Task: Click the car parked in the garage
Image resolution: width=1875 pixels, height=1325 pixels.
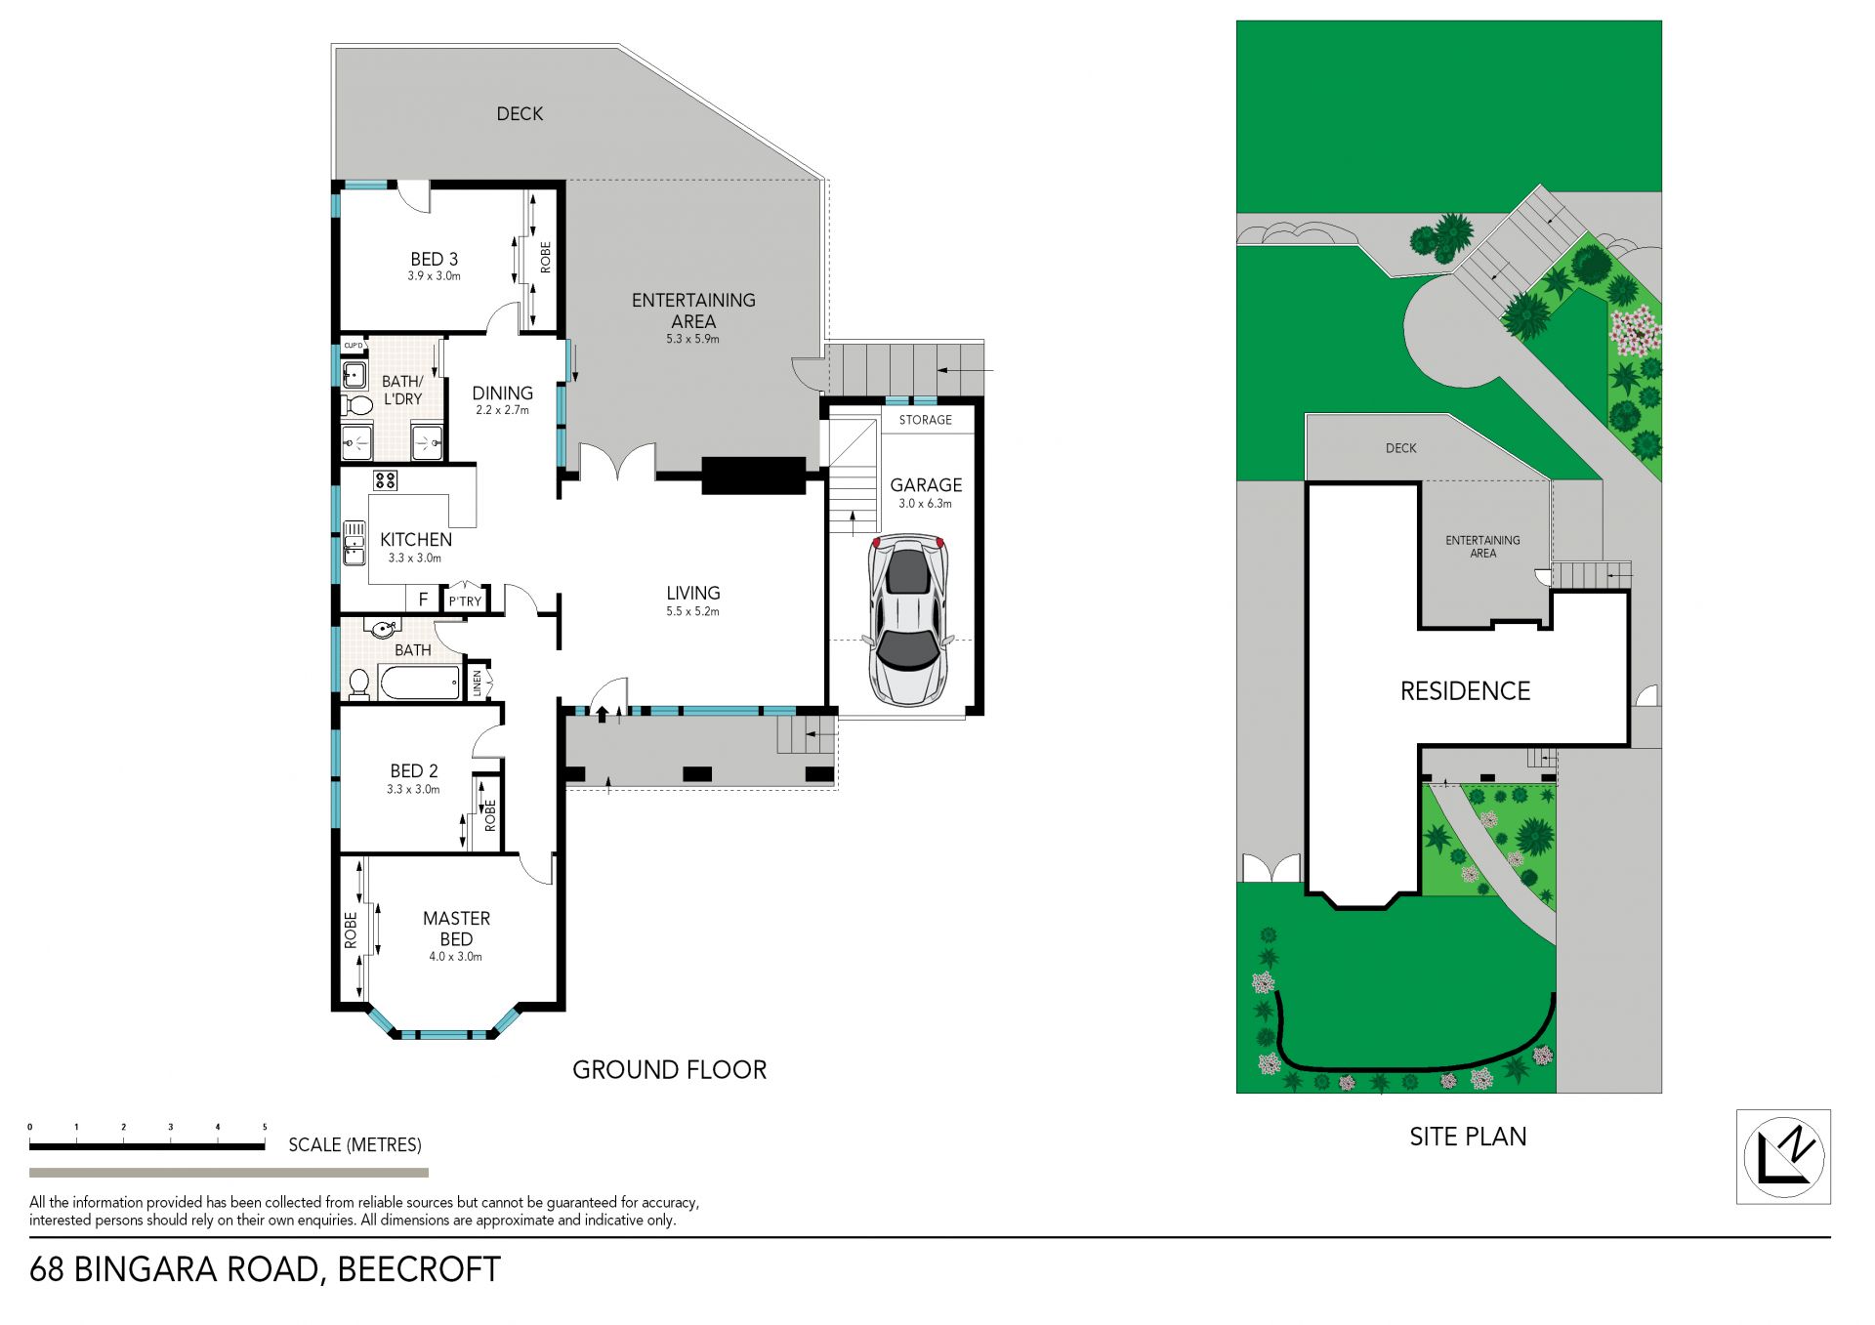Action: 908,620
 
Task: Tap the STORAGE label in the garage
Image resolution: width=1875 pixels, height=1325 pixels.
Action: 925,420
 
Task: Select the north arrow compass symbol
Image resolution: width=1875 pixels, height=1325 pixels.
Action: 1784,1157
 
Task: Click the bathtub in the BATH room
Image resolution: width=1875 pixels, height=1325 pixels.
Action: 420,683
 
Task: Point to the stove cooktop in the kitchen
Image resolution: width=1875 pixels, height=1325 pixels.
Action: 385,479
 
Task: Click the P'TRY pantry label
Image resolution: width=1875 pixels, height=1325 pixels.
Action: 465,601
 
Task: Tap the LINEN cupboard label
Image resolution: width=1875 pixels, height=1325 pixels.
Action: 478,683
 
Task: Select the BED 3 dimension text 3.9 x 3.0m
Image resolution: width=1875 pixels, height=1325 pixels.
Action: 434,276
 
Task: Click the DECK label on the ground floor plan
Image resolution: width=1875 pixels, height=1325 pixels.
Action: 520,114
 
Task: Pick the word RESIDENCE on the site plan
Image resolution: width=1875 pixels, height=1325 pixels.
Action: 1465,691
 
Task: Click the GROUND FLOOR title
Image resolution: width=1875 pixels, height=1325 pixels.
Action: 669,1070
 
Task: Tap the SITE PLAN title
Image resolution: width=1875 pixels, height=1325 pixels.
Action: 1468,1137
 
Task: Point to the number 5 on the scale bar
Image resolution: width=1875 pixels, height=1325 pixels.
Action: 265,1127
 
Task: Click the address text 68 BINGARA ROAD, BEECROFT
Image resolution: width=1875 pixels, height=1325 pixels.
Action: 265,1269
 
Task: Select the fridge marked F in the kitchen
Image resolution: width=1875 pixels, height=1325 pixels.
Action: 423,599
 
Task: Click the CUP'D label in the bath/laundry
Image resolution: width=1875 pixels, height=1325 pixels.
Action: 354,346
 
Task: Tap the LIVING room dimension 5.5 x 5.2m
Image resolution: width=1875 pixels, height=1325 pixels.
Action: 692,611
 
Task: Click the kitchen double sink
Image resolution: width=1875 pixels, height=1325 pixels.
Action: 354,542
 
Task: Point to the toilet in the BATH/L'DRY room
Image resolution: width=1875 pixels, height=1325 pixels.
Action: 357,403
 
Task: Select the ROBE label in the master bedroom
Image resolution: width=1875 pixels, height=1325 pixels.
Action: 350,931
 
